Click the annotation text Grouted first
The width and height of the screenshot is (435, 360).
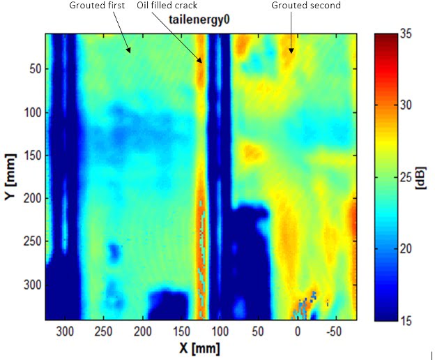[97, 6]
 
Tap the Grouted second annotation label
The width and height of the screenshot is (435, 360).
[306, 6]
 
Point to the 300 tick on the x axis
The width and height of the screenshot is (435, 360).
[65, 330]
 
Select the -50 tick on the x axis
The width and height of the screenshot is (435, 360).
[336, 330]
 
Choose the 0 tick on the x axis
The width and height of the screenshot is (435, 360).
[298, 330]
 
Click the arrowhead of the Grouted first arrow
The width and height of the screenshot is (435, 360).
[129, 52]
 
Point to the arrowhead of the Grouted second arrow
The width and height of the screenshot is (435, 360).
[291, 52]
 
